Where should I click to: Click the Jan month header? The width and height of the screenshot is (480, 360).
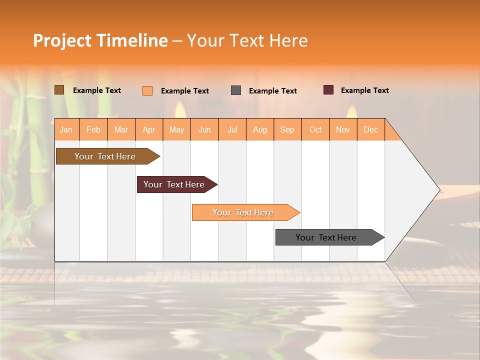66,129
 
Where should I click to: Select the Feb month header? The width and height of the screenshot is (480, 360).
93,129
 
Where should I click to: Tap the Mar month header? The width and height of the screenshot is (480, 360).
121,129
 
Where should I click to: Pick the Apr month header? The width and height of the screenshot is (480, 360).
149,129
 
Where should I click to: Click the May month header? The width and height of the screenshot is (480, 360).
176,129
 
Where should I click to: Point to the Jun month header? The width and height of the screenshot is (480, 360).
204,129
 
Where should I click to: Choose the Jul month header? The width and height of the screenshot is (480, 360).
232,129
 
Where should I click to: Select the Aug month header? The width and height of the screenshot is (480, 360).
260,129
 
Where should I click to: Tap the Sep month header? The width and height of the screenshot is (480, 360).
287,129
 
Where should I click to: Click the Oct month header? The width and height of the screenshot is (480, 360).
315,129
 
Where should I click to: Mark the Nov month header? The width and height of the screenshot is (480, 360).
343,129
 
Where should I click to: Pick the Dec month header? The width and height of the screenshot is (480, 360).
371,129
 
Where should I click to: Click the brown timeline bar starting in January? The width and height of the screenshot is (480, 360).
105,156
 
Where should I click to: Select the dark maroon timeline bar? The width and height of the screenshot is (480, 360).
174,184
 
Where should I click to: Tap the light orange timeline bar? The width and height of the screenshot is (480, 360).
243,212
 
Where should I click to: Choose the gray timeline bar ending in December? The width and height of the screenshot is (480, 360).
326,237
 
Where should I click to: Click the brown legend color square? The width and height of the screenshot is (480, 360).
59,90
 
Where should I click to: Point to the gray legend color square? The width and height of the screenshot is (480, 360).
236,90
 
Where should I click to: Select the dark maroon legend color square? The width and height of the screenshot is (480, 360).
328,90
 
